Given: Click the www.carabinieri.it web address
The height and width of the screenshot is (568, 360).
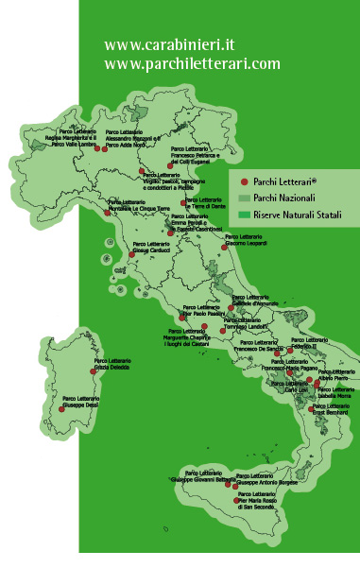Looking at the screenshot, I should [x=169, y=44].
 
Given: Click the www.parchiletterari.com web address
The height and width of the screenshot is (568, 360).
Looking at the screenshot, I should [x=192, y=63].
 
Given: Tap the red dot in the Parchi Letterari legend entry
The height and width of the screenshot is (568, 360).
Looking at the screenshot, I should [x=244, y=181].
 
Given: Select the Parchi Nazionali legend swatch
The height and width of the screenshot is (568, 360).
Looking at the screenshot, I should [x=244, y=198].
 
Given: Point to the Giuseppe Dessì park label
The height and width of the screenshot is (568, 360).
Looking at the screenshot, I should [x=82, y=402].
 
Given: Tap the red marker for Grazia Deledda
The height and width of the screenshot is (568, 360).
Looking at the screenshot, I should [x=94, y=371].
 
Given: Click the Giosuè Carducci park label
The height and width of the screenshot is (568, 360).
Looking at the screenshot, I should [x=148, y=248].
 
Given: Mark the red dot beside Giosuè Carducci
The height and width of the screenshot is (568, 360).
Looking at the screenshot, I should [x=131, y=253].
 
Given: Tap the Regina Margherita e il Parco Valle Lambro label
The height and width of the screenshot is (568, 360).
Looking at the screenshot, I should [x=78, y=139].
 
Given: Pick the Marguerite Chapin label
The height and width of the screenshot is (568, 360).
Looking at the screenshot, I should [x=185, y=337].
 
